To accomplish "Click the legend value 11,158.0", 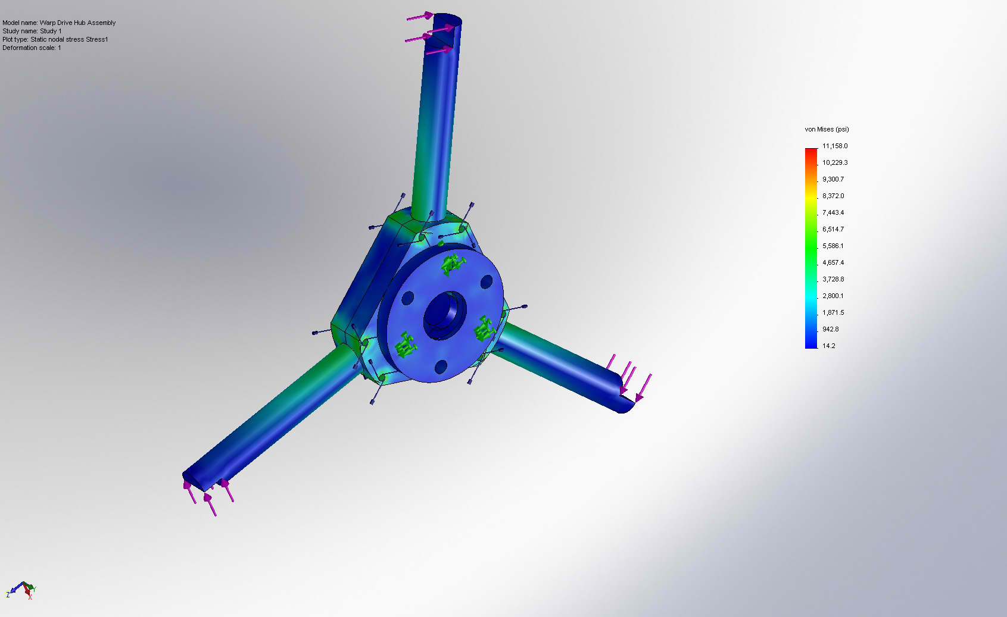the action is coord(835,146).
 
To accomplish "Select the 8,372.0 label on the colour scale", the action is coord(833,196).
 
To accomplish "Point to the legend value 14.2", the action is coord(828,346).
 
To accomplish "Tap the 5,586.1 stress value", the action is coord(833,246).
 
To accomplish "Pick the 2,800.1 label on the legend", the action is coord(833,296).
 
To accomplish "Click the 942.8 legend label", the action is coord(830,329).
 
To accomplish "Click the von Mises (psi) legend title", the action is coord(827,129).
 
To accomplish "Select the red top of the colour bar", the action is coord(811,152).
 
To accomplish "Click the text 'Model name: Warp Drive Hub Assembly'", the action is coord(59,23).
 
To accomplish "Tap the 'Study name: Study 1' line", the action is coord(32,31).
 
